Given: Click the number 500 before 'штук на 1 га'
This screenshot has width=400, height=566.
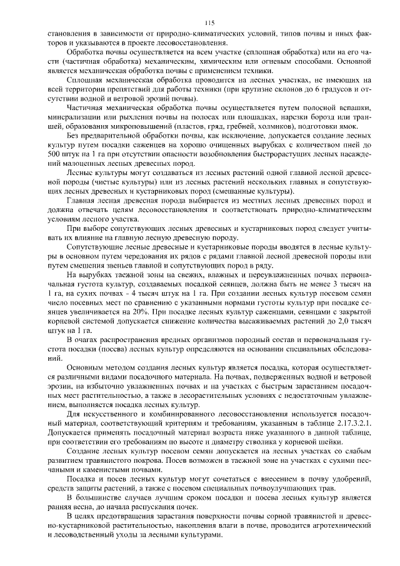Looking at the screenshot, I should (x=55, y=153).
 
